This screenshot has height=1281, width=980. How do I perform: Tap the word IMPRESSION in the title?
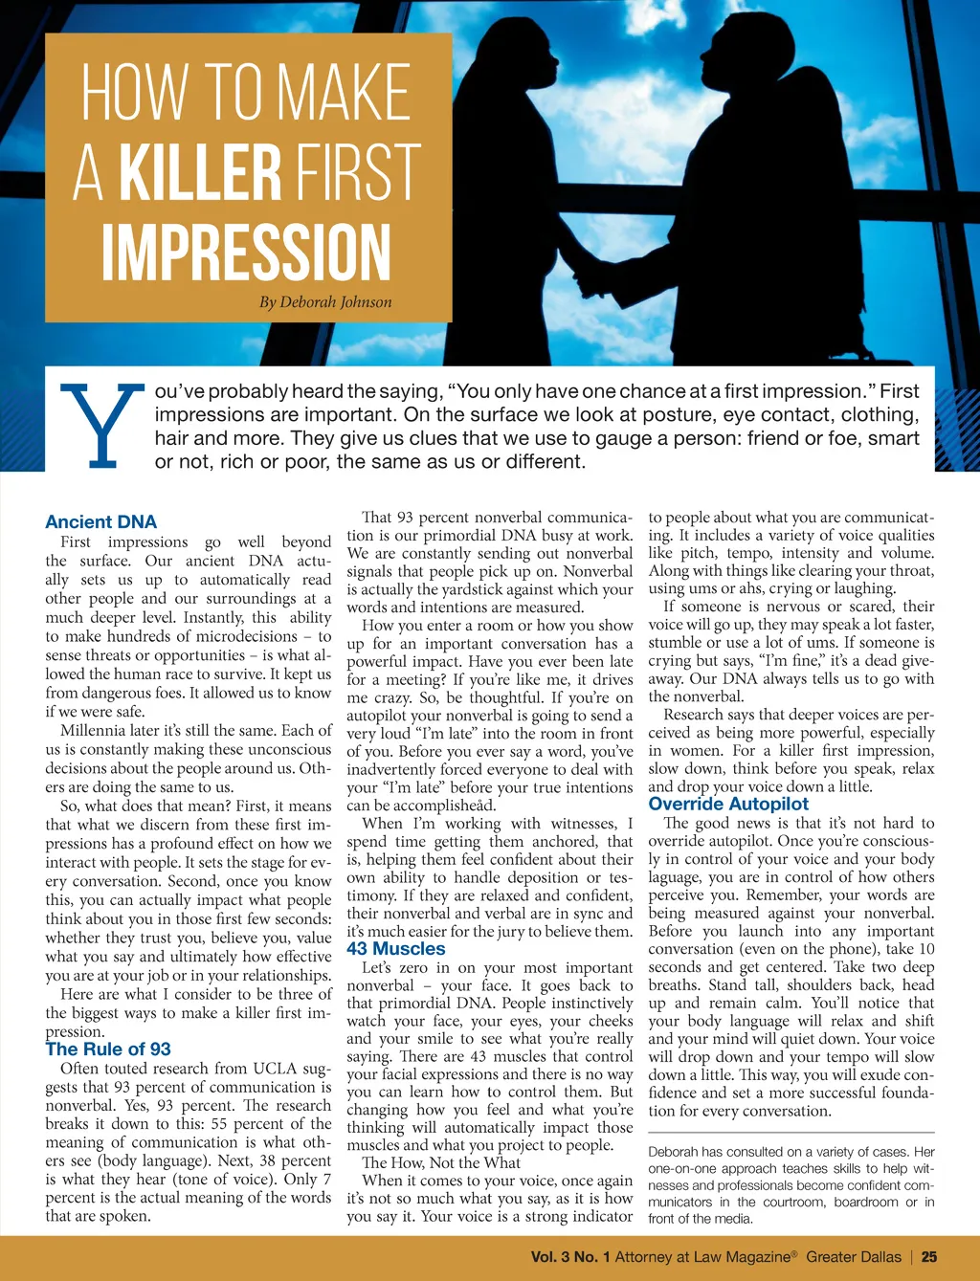[x=247, y=253]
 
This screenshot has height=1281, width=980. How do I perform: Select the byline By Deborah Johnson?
[x=325, y=302]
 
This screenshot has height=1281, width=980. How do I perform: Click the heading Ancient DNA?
[x=100, y=521]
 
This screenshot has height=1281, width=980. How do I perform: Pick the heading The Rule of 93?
[x=108, y=1049]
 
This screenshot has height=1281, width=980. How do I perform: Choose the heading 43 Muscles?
[x=396, y=949]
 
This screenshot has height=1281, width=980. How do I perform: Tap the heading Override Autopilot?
[x=728, y=805]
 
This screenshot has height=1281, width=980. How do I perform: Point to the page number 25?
[x=929, y=1257]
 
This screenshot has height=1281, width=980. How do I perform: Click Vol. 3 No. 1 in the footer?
[x=570, y=1257]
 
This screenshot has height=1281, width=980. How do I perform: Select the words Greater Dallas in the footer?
[x=854, y=1257]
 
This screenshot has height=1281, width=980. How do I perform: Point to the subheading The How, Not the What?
[x=441, y=1163]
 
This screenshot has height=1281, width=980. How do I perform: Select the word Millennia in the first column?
[x=93, y=731]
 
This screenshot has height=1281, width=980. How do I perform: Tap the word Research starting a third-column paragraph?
[x=695, y=715]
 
